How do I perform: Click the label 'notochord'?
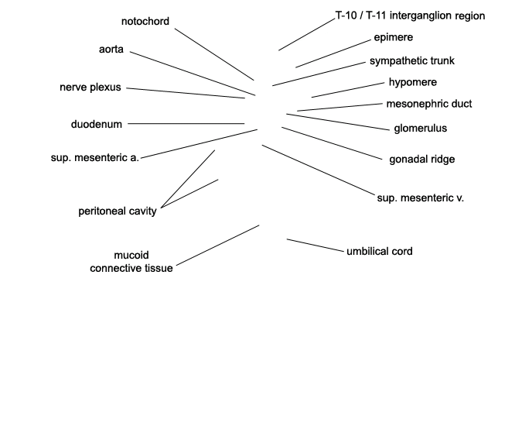pyautogui.click(x=145, y=22)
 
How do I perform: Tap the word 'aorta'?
pyautogui.click(x=111, y=50)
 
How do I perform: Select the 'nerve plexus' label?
pyautogui.click(x=90, y=88)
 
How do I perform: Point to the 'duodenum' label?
pyautogui.click(x=97, y=125)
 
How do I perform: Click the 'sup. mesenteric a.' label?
pyautogui.click(x=95, y=158)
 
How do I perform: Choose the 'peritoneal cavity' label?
pyautogui.click(x=118, y=211)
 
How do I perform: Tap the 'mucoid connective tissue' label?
pyautogui.click(x=131, y=262)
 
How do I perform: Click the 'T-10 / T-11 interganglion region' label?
pyautogui.click(x=410, y=15)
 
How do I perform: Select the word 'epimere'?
pyautogui.click(x=394, y=37)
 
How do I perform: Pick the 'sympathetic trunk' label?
pyautogui.click(x=412, y=61)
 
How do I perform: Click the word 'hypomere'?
pyautogui.click(x=413, y=82)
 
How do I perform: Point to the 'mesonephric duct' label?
pyautogui.click(x=429, y=104)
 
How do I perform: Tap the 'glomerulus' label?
pyautogui.click(x=421, y=129)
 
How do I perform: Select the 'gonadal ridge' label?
pyautogui.click(x=422, y=160)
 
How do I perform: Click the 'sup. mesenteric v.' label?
pyautogui.click(x=421, y=198)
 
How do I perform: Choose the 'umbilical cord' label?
pyautogui.click(x=380, y=251)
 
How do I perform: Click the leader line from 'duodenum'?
pyautogui.click(x=186, y=124)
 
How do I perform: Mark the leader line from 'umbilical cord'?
pyautogui.click(x=316, y=246)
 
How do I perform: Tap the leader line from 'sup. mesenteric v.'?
pyautogui.click(x=319, y=170)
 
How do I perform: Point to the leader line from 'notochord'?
pyautogui.click(x=214, y=54)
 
